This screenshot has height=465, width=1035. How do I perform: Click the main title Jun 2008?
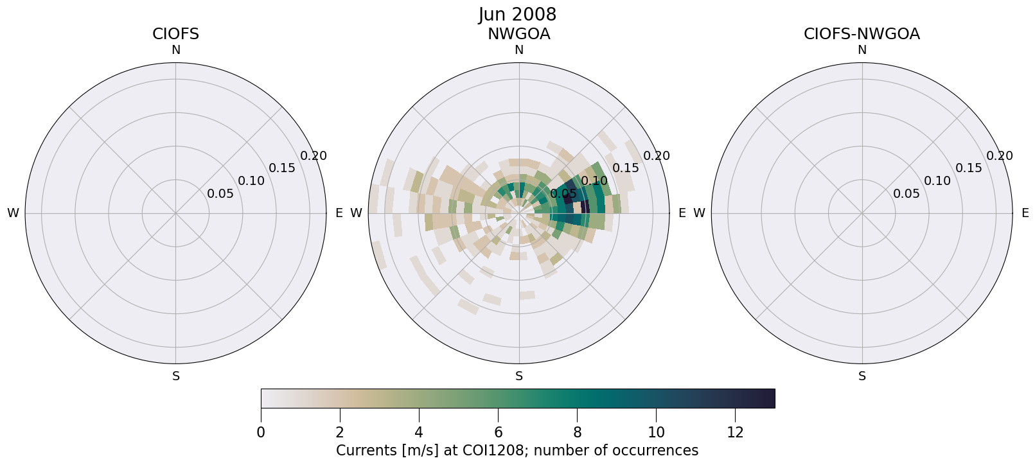pos(517,14)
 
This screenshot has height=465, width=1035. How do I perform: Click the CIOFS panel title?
pos(175,34)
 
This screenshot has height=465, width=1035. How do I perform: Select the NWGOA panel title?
pos(518,34)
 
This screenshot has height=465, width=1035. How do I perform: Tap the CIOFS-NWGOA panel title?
pos(862,34)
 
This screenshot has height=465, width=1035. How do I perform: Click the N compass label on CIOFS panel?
pos(175,50)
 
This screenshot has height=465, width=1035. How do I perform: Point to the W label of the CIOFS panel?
pos(13,213)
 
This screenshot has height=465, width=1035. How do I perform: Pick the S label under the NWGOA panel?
pos(518,376)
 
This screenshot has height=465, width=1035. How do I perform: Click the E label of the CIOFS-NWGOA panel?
pos(1025,213)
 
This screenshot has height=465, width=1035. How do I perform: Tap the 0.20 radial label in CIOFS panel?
pos(314,156)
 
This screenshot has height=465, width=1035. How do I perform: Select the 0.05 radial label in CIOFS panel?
pos(220,194)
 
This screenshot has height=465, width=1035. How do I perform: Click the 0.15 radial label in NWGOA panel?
pos(625,168)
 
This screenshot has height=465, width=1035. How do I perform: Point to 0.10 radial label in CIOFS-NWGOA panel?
pos(937,181)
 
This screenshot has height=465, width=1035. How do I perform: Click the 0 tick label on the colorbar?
pos(261,433)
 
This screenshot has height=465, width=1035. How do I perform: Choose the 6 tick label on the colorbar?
pos(498,433)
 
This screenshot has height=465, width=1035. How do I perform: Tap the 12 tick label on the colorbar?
pos(735,433)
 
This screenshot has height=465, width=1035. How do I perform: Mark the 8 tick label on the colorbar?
pos(577,433)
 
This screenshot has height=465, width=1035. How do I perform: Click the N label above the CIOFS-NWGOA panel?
pos(862,50)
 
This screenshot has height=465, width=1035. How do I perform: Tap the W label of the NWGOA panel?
pos(356,213)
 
